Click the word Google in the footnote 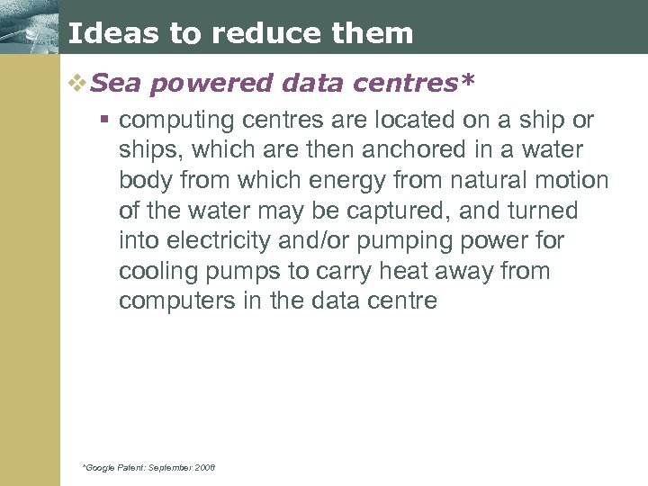[100, 467]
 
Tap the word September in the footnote [166, 467]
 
